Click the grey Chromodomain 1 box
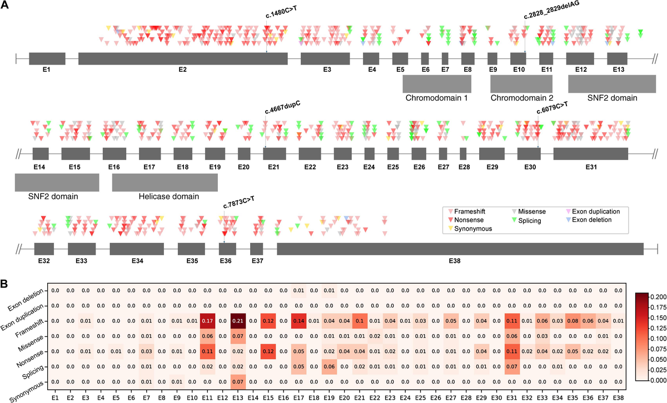coord(436,84)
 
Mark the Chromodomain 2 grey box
coord(521,84)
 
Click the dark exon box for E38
coord(460,248)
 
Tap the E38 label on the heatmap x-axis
coord(618,398)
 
